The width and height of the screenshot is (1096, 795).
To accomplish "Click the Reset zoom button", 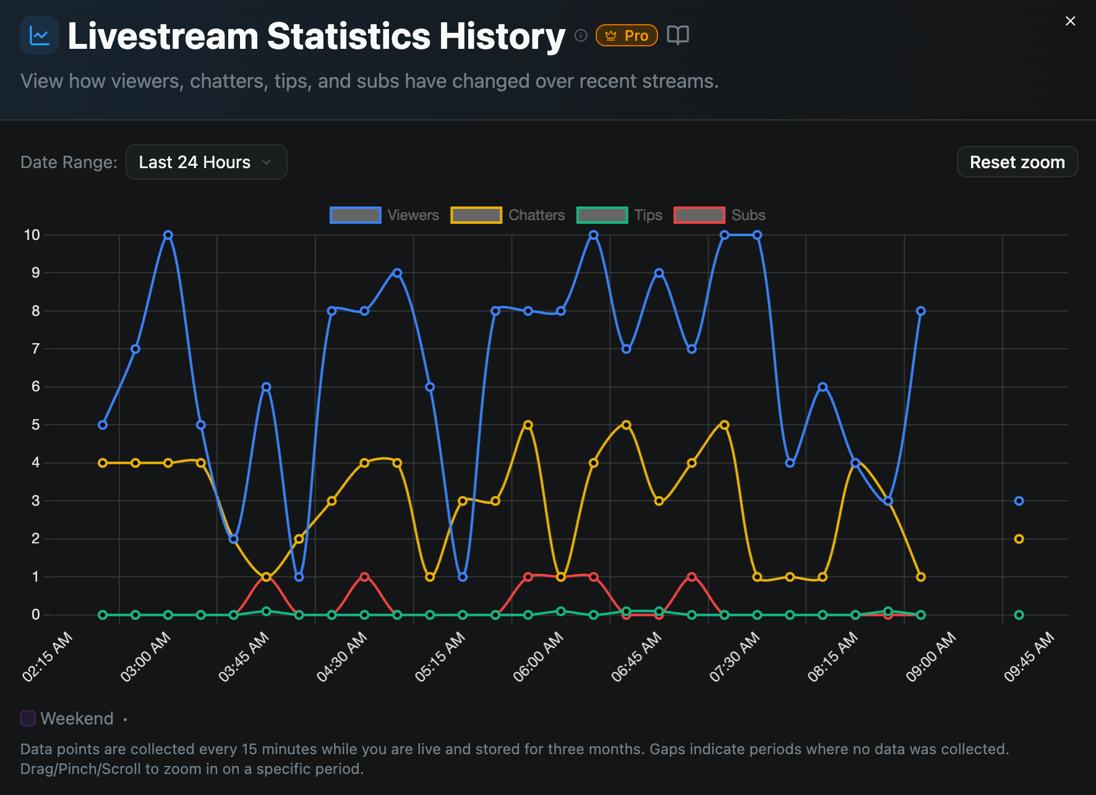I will point(1017,162).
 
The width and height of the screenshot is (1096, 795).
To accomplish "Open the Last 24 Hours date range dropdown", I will point(206,162).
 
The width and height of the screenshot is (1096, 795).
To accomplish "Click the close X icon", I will point(1070,21).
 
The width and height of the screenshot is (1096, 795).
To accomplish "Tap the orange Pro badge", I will point(626,36).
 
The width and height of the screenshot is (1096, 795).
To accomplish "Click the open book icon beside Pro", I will point(678,35).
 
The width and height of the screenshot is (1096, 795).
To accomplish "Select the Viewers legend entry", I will point(384,215).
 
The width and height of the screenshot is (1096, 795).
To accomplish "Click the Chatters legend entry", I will point(507,215).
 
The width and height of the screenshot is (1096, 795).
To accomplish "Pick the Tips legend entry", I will point(619,215).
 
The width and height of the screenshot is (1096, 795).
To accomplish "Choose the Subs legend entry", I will point(719,215).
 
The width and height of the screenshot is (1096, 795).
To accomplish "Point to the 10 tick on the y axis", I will point(32,235).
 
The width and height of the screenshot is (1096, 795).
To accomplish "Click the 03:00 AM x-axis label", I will point(145,657).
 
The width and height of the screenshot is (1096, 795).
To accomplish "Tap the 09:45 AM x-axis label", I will point(1029,657).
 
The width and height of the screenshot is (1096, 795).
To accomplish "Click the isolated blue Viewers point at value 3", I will point(1019,501).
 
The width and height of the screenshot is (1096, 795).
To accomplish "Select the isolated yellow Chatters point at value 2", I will point(1019,539).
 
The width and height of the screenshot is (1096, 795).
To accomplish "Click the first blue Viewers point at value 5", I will point(103,425).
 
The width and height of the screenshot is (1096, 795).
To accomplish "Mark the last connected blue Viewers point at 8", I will point(921,311).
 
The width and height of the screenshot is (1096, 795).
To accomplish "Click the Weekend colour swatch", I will point(28,718).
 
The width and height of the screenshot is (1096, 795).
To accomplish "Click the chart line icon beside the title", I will point(40,36).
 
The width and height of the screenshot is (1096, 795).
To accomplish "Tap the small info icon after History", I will point(581,35).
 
